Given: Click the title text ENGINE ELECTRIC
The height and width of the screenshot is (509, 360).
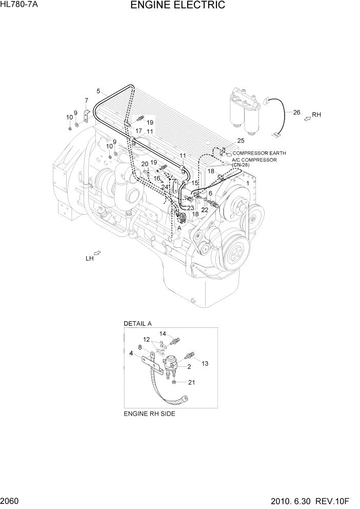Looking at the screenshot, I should pyautogui.click(x=177, y=6).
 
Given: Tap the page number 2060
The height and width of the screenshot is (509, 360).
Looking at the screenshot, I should pyautogui.click(x=11, y=501).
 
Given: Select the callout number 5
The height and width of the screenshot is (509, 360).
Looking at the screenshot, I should pyautogui.click(x=98, y=91).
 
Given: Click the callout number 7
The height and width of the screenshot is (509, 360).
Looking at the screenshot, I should pyautogui.click(x=86, y=101).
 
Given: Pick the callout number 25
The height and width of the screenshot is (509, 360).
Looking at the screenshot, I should pyautogui.click(x=241, y=141).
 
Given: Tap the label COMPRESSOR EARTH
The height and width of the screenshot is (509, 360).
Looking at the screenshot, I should pyautogui.click(x=259, y=153).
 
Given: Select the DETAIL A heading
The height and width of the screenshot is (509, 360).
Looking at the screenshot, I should pyautogui.click(x=137, y=324).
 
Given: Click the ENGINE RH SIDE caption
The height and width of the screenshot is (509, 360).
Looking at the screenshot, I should pyautogui.click(x=149, y=414).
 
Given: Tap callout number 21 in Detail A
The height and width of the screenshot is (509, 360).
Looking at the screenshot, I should pyautogui.click(x=191, y=382).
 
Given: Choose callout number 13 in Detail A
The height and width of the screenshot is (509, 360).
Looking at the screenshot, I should pyautogui.click(x=205, y=364).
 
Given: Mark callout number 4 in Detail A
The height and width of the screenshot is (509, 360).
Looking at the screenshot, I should pyautogui.click(x=131, y=353).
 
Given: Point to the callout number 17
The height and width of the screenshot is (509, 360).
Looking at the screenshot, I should pyautogui.click(x=138, y=131).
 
